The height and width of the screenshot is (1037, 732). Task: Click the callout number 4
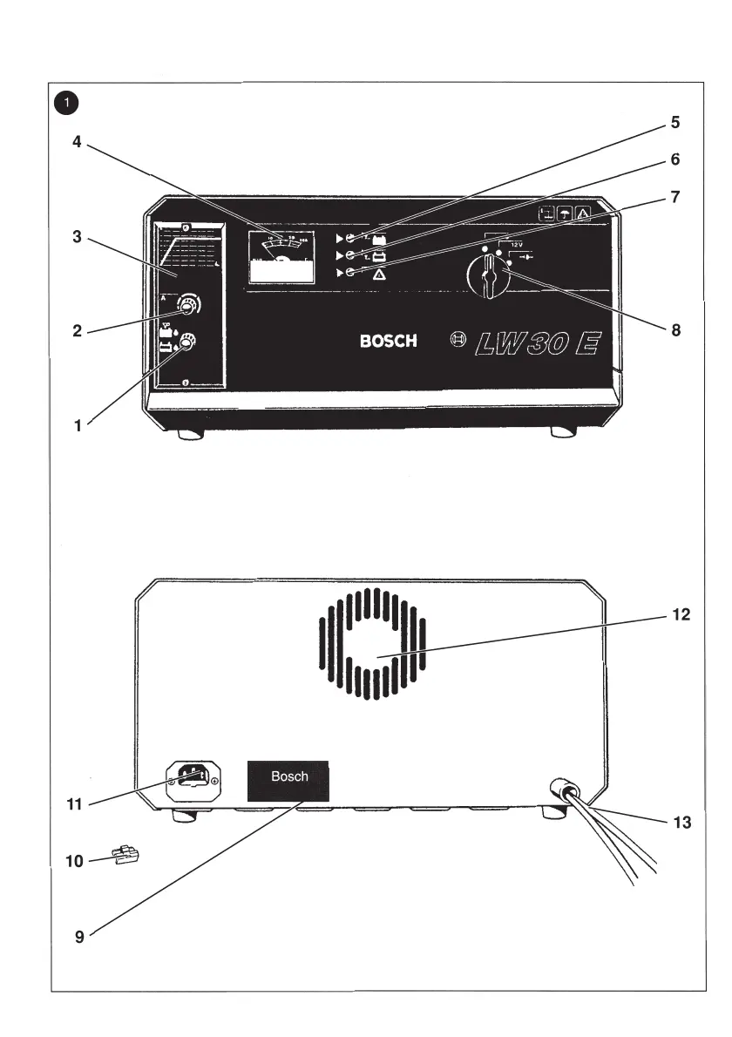77,142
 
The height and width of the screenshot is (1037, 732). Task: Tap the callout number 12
681,614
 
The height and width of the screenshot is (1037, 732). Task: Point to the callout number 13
681,822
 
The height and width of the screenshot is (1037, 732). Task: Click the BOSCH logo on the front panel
388,341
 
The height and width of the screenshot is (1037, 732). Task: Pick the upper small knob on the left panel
187,305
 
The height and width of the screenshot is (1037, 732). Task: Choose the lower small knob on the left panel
186,345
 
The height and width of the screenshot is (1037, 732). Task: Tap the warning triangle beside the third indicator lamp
380,274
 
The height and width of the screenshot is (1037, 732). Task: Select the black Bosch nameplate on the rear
289,777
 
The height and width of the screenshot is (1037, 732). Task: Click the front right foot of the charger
562,432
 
